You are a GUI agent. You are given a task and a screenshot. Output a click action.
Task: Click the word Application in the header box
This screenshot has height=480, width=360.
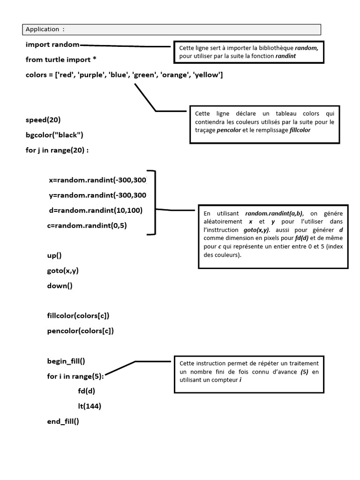coord(42,29)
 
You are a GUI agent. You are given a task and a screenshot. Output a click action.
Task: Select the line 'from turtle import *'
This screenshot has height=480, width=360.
coord(61,60)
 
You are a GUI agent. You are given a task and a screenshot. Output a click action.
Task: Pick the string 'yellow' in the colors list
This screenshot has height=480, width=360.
coord(206,75)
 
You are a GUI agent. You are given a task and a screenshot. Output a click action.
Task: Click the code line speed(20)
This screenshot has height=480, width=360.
coord(43,120)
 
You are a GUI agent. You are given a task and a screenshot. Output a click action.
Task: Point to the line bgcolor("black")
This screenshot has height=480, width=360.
coord(54,135)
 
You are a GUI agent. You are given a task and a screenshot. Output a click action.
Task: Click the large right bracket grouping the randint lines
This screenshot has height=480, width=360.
coord(153,202)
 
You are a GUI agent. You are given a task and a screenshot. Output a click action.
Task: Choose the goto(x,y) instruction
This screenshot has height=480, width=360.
coord(62,270)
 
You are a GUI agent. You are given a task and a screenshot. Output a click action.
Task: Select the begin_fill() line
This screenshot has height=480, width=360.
coord(66,361)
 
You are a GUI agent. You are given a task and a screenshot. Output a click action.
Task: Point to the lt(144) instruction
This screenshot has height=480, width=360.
coord(90,406)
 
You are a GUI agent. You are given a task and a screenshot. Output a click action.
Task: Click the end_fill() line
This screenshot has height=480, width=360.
coord(63,421)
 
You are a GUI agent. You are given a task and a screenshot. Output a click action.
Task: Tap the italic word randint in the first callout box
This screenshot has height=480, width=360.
coord(286,56)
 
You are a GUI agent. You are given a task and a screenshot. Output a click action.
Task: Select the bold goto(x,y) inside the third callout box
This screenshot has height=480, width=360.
coord(257,231)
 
